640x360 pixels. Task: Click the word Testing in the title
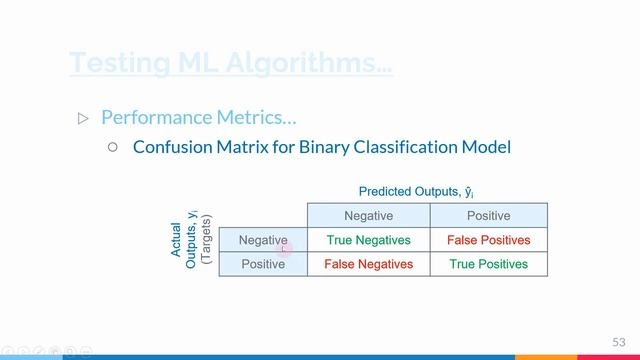click(x=113, y=62)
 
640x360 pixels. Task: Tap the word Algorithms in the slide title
click(x=302, y=62)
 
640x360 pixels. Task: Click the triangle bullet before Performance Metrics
click(x=83, y=118)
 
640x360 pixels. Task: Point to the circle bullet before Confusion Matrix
click(x=112, y=146)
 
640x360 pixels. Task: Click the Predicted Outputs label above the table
click(x=423, y=192)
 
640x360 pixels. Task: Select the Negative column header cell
click(x=368, y=216)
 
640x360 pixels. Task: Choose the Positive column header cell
click(x=488, y=216)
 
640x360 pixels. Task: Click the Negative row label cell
click(x=263, y=240)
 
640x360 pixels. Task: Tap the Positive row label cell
click(x=263, y=264)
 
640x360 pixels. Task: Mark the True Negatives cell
click(x=368, y=240)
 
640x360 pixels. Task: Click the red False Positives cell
click(x=488, y=240)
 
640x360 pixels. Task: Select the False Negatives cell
click(x=368, y=264)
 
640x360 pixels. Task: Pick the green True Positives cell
click(x=488, y=264)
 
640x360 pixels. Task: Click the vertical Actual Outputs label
click(x=184, y=240)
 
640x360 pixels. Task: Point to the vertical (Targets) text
click(x=207, y=240)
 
